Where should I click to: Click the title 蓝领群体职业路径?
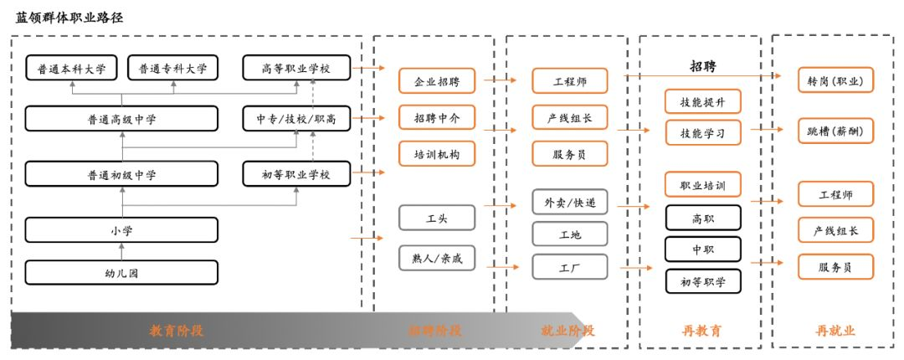click(x=69, y=17)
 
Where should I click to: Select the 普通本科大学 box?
click(x=66, y=68)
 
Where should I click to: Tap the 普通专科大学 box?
click(x=172, y=68)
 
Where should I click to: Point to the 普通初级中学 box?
click(x=121, y=174)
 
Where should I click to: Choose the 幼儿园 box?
click(x=121, y=272)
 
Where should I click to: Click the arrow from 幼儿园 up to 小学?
click(x=121, y=250)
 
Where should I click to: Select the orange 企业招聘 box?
click(x=436, y=81)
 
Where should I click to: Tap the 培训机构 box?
click(x=436, y=154)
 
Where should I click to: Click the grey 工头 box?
click(x=436, y=218)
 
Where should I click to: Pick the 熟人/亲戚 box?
click(x=436, y=259)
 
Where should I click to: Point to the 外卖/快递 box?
click(x=569, y=202)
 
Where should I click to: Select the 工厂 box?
click(x=569, y=267)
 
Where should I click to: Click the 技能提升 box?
click(x=702, y=102)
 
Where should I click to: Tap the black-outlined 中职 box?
click(x=702, y=249)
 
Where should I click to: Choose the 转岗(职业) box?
click(x=835, y=80)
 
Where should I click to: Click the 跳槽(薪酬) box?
click(x=835, y=131)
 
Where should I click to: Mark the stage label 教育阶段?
click(x=176, y=331)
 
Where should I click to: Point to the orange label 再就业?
click(x=835, y=331)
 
